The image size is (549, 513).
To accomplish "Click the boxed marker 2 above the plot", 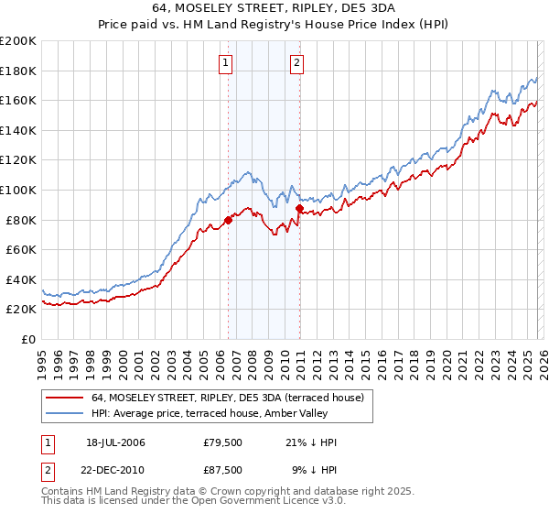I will (x=298, y=63).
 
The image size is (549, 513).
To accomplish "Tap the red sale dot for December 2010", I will (x=299, y=209).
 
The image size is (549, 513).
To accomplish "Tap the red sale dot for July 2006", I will (x=228, y=221).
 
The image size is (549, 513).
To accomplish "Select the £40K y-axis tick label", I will (x=20, y=279).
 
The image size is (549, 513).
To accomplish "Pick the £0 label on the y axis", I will (x=27, y=339).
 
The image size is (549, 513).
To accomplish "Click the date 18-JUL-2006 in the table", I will (x=116, y=442).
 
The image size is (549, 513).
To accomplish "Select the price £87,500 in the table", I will (x=223, y=468).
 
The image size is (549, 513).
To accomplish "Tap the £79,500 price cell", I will (x=223, y=442).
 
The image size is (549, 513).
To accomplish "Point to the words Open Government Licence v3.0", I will (x=274, y=503).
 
